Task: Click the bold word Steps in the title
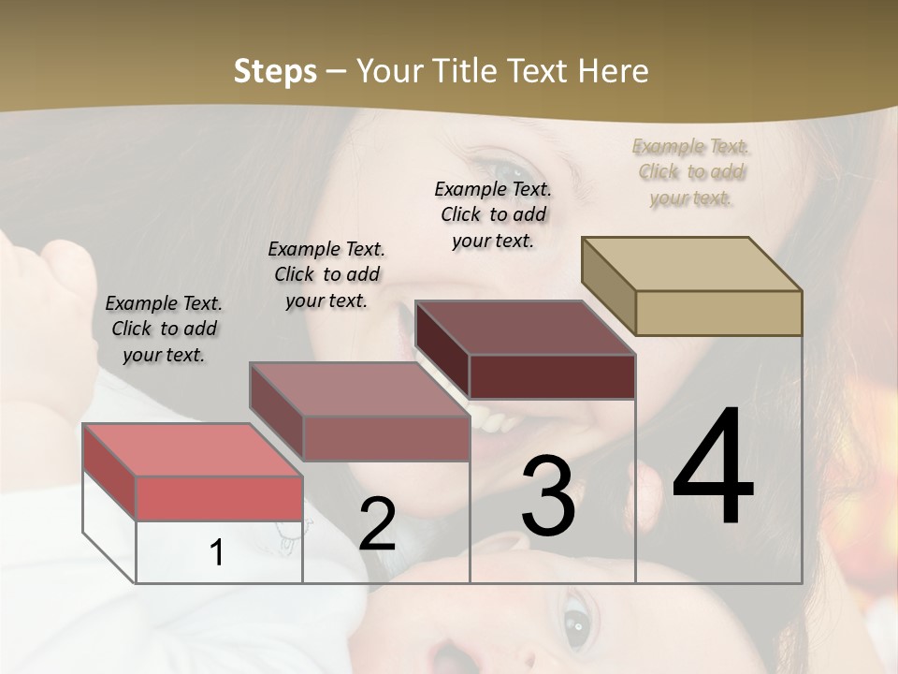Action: tap(275, 71)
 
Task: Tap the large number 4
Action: tap(713, 469)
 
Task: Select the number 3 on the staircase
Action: tap(548, 496)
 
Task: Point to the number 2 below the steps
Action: tap(377, 524)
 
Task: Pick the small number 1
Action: tap(217, 552)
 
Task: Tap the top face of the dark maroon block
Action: tap(526, 328)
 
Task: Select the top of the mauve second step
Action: tap(360, 388)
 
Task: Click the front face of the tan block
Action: tap(718, 313)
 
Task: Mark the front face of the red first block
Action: tap(219, 497)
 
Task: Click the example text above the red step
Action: tap(164, 329)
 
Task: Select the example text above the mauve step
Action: tap(326, 274)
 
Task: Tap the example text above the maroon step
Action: tap(493, 214)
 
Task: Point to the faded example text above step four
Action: tap(690, 171)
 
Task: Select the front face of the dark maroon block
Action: tap(552, 376)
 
